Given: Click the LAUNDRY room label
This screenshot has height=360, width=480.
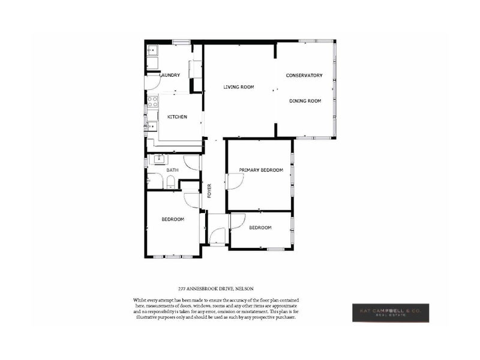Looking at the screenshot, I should click(x=170, y=76).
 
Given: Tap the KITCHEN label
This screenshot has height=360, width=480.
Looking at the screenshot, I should click(x=177, y=116).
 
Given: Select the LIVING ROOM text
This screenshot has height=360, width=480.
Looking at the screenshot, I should click(x=239, y=87).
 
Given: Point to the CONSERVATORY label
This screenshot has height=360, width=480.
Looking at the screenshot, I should click(x=304, y=76).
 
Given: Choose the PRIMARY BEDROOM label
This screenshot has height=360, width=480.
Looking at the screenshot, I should click(x=261, y=170).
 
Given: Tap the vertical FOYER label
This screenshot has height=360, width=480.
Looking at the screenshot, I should click(x=209, y=191).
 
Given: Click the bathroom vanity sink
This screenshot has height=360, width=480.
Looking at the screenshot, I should click(x=159, y=159).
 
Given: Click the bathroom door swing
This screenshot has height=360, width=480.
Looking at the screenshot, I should click(x=191, y=162).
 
